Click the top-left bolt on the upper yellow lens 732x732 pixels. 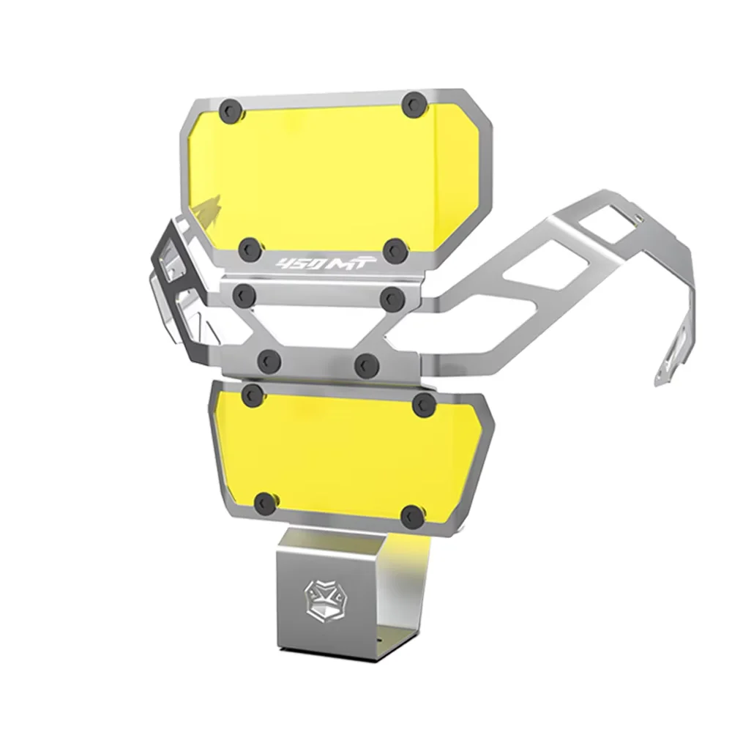click(231, 111)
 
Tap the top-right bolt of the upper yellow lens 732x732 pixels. click(414, 105)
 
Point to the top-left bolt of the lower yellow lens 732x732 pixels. click(254, 395)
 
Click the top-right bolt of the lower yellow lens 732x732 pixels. click(425, 404)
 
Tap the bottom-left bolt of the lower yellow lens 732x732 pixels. click(267, 503)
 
